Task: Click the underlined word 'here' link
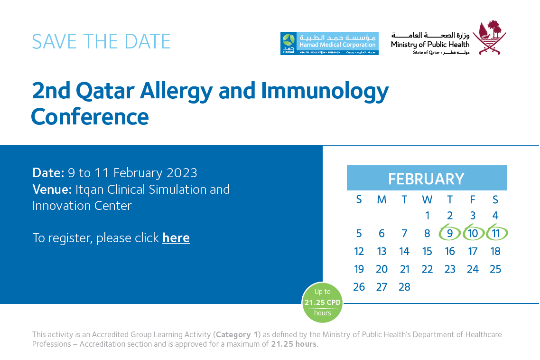(x=176, y=238)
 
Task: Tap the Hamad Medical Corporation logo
(x=329, y=44)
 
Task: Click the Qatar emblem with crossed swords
(x=493, y=38)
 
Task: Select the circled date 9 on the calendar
(x=450, y=233)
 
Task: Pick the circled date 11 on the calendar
(x=496, y=233)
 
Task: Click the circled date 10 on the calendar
(x=473, y=233)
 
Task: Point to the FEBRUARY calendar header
(x=426, y=179)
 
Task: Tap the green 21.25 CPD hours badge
(x=322, y=303)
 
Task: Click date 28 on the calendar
(x=404, y=287)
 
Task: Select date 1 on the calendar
(x=427, y=216)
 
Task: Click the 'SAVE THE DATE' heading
(x=101, y=42)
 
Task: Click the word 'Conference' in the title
(x=90, y=116)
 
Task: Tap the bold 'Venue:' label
(x=52, y=189)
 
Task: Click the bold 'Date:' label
(x=48, y=172)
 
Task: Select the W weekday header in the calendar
(x=427, y=199)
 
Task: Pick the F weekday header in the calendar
(x=473, y=199)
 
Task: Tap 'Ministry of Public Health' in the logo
(x=430, y=45)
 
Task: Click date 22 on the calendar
(x=427, y=269)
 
